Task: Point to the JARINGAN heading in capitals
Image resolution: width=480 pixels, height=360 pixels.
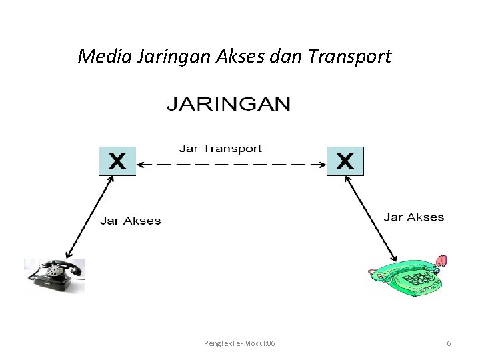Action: [x=228, y=104]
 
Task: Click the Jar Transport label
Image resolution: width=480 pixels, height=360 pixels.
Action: [x=220, y=149]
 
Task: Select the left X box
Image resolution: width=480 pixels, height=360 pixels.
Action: [x=117, y=162]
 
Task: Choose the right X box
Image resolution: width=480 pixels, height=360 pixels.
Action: [x=345, y=162]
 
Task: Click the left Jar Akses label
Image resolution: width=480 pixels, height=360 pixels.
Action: [x=131, y=221]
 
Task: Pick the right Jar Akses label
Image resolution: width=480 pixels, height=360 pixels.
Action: [x=413, y=217]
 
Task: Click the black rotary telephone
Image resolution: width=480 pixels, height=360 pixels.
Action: [x=55, y=275]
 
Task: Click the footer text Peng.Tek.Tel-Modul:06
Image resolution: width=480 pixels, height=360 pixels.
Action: [x=239, y=343]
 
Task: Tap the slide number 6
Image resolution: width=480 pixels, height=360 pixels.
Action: [x=449, y=343]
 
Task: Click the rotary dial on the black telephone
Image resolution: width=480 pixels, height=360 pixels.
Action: [x=52, y=275]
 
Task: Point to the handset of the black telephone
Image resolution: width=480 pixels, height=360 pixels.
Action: [x=55, y=265]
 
